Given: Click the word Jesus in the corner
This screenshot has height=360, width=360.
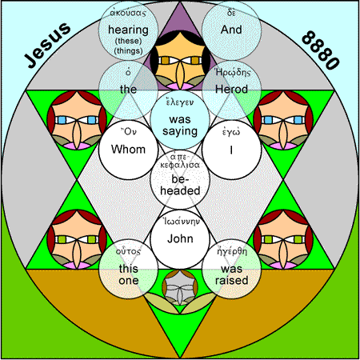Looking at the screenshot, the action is tap(47, 45).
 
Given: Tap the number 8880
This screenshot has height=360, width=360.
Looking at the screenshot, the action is tap(321, 50).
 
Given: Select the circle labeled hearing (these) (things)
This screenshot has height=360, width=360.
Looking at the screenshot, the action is tap(128, 30).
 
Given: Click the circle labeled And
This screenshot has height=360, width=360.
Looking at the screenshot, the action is tap(231, 30).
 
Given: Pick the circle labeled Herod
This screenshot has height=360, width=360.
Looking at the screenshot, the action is tap(231, 90).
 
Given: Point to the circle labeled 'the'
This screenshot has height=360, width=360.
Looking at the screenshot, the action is tap(128, 90).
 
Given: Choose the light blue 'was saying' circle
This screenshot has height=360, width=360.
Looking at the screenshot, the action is tap(180, 120).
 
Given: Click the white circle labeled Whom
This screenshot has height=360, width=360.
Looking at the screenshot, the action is tap(128, 150).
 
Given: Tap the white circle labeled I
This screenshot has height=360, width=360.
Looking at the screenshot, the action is tap(231, 150).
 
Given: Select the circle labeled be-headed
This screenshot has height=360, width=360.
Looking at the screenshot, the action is tap(180, 179).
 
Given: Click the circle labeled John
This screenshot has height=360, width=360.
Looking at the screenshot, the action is tap(180, 239).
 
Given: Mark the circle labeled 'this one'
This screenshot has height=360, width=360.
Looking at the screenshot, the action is tap(128, 269).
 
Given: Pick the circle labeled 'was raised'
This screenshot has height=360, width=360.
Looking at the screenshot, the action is tap(231, 269).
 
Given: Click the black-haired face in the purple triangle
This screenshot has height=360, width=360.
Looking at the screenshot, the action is tap(180, 60).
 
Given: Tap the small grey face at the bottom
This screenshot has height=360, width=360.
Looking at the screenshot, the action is tap(180, 287).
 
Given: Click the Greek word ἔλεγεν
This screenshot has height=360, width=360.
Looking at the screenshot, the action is tap(180, 102).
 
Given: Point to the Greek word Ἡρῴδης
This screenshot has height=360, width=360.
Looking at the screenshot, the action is tap(233, 73).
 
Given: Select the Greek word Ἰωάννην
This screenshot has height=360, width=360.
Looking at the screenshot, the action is tap(182, 222).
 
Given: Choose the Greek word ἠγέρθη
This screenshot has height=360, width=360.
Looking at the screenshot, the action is tap(232, 252).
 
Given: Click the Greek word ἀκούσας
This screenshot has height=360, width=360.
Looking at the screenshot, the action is tap(128, 13).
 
